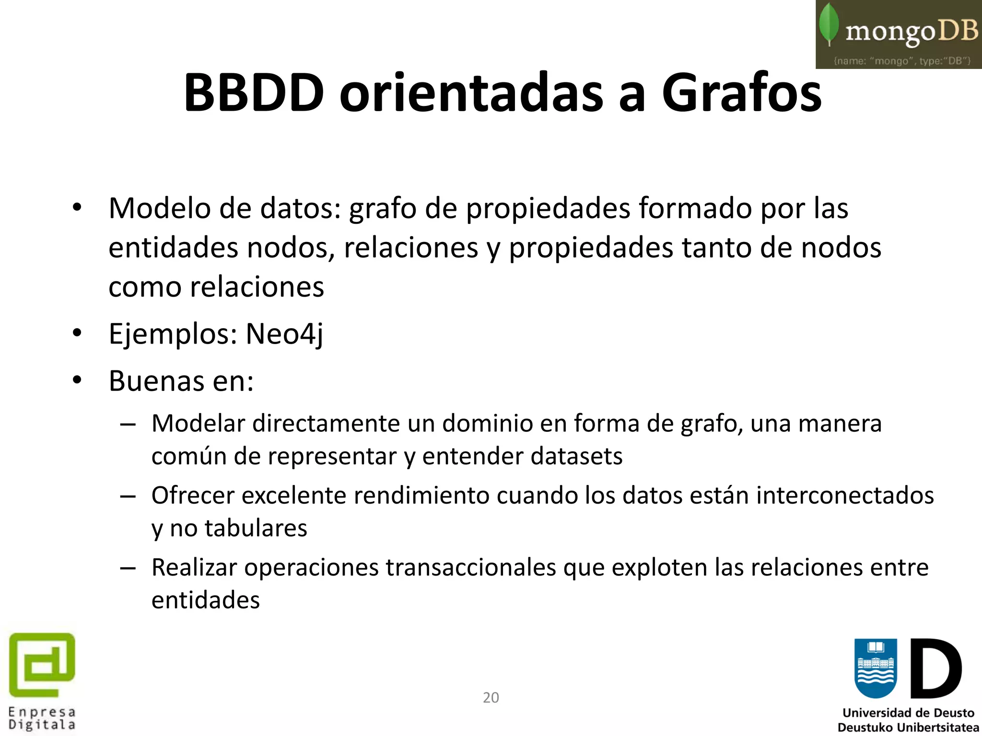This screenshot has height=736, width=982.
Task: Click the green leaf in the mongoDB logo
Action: [x=829, y=24]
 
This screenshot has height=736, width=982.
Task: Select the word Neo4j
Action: [x=284, y=334]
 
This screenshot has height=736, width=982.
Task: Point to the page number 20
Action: [x=491, y=697]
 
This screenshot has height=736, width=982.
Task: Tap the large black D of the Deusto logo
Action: [x=935, y=669]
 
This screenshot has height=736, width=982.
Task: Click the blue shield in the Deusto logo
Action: [x=876, y=668]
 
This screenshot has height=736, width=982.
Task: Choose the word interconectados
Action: [x=845, y=495]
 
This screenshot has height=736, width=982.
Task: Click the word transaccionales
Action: [x=471, y=567]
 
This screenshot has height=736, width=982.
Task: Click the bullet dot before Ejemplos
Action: [x=77, y=332]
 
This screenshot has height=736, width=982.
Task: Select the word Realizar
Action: [x=194, y=567]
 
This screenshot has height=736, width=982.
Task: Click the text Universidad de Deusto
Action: [x=908, y=713]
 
